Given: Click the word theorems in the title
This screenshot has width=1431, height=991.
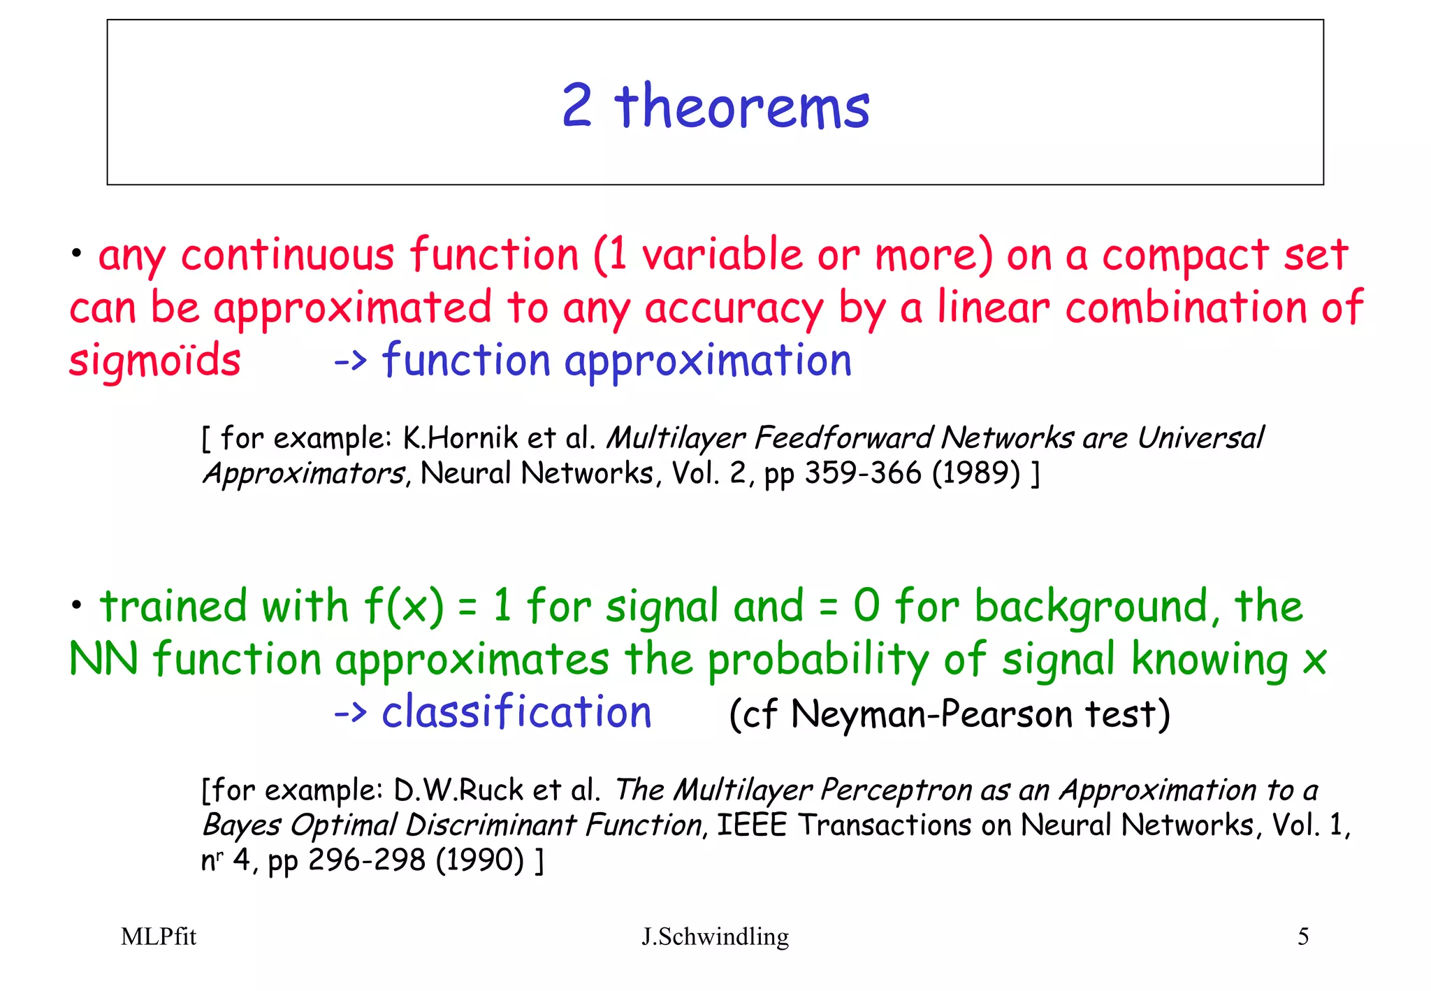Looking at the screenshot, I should coord(742,106).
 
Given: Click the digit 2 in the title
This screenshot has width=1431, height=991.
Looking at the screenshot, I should coord(577,106).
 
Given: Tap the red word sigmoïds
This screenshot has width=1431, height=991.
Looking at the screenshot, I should coord(155,361).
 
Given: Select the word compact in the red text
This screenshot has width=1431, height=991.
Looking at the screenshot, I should coord(1185,254).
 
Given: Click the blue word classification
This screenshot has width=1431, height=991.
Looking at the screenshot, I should coord(516,713).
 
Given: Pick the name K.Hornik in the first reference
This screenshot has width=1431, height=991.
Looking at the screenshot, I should coord(460,438).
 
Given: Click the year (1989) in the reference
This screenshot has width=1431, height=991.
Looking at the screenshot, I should coord(976,473).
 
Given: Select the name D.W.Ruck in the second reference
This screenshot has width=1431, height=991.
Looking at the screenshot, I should coord(458,790).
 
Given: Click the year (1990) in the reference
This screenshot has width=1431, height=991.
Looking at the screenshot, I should coord(479,860).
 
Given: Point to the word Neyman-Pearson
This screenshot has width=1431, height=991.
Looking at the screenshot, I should coord(931,714).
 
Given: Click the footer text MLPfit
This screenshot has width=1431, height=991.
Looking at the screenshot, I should coord(159,936).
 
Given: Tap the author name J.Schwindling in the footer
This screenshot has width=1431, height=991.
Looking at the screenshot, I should coord(715,936).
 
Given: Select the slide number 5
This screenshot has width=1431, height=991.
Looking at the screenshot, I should coord(1303,936).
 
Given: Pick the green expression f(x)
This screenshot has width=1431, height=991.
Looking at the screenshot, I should coord(404,606).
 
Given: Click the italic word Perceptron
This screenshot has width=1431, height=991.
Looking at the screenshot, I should coord(896,790).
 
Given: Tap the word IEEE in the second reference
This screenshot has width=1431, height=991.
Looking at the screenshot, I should coord(752,825).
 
